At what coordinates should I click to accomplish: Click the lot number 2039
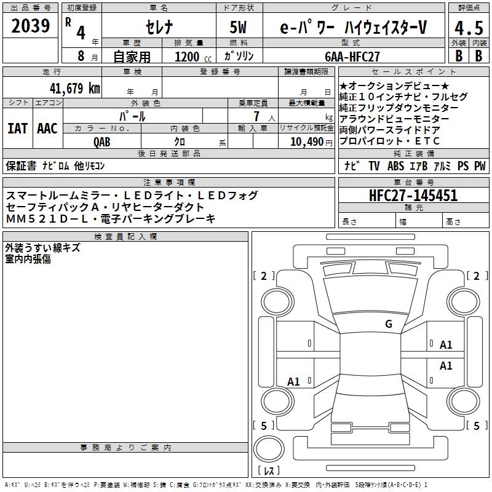pos(30,26)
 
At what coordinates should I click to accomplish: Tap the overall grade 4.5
pos(469,28)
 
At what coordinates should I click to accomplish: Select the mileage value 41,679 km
pos(75,89)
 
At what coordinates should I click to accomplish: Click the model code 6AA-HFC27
pos(352,57)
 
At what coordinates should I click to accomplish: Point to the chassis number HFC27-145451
pos(413,196)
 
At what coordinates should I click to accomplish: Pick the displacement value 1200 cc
pos(193,57)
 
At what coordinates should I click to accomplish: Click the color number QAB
pos(102,142)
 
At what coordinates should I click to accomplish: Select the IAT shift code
pos(17,129)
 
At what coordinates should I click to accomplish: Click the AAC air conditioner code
pos(47,129)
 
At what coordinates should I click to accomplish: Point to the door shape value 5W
pos(238,27)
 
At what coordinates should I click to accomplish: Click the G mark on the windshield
pos(389,323)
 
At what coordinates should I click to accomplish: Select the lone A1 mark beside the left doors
pos(293,381)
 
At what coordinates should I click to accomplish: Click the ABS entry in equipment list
pos(395,166)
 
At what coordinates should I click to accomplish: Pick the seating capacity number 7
pos(256,116)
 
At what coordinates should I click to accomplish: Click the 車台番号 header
pos(413,182)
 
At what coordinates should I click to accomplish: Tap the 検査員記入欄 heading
pos(125,236)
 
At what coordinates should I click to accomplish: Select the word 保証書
pos(21,166)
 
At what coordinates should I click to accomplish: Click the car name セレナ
pos(159,27)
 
